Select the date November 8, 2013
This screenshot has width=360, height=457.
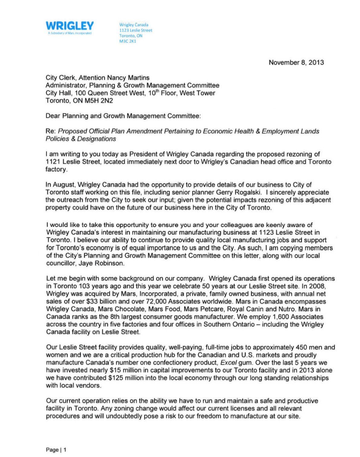pos(296,63)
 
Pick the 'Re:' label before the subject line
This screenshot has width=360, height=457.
pos(50,131)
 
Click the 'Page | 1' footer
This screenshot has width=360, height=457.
pos(56,450)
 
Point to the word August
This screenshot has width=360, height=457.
pos(64,185)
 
